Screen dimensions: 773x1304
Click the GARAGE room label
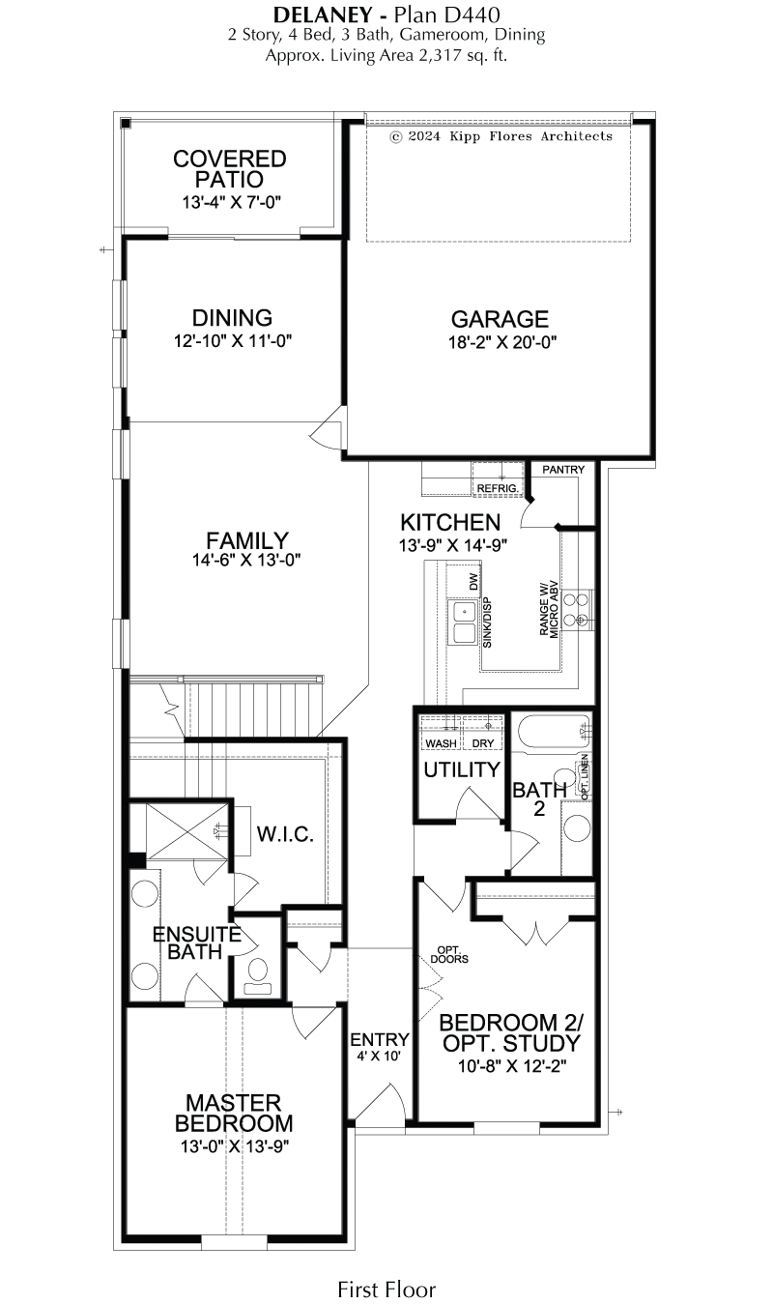pos(500,319)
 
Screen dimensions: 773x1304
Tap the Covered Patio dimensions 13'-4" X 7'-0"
pos(232,203)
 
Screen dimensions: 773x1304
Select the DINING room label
pos(232,318)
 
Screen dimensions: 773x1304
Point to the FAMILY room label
pos(246,540)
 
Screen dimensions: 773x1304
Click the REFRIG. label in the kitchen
pos(498,488)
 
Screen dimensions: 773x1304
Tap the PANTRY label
pos(563,469)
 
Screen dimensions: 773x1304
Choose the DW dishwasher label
pos(473,582)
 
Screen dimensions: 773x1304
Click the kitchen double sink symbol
pos(463,623)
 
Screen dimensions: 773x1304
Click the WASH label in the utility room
pos(441,743)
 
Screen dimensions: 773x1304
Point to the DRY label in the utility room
pos(483,743)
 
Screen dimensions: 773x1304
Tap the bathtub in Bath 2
pos(554,734)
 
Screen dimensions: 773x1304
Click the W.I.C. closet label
pos(285,834)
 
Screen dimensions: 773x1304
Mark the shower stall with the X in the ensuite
pos(187,831)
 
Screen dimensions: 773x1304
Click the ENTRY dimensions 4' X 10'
pos(379,1056)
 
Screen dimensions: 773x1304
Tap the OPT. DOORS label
pos(448,955)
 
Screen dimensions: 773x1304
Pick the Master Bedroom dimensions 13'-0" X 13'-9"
pos(235,1145)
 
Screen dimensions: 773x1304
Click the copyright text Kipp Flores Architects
pos(530,136)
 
